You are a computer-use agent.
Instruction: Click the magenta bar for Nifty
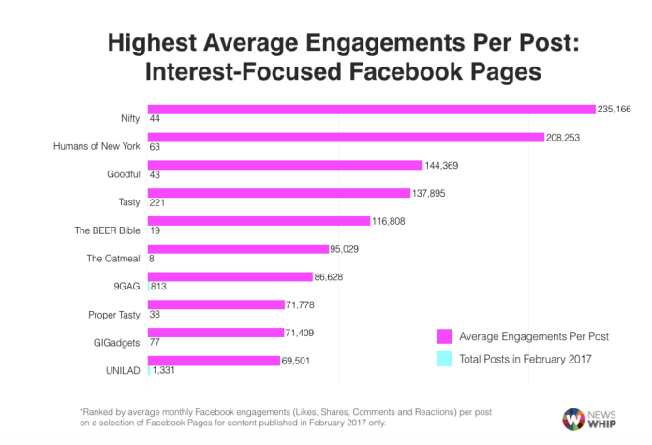371,110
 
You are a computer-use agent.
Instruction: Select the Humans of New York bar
346,137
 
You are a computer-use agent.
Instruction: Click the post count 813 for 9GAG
158,287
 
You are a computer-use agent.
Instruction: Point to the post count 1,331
163,370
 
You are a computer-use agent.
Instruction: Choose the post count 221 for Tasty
158,203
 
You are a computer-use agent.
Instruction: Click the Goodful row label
124,174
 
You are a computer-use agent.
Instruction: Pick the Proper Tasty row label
114,314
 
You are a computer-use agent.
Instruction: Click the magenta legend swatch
445,335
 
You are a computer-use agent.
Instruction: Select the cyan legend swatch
445,360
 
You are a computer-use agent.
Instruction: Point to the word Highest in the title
152,44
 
